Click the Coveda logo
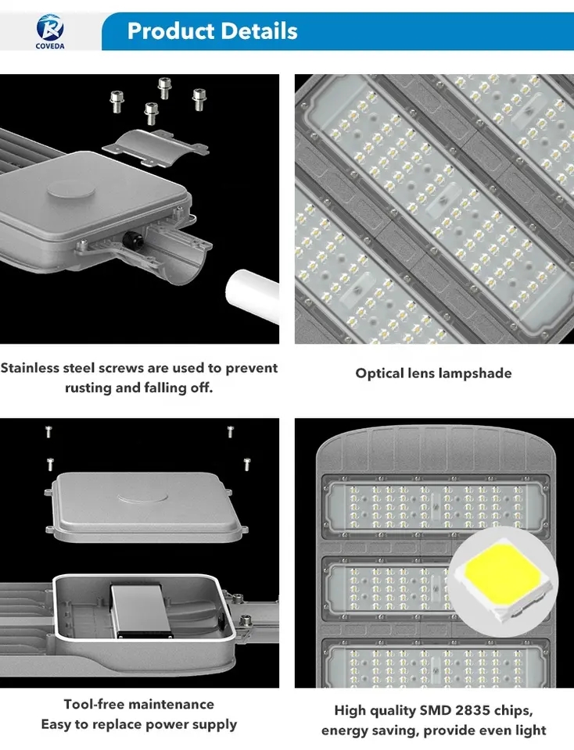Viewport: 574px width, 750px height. (50, 30)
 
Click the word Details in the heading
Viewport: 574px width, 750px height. (257, 31)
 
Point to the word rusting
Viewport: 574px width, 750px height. (89, 388)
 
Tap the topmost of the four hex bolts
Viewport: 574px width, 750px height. (164, 87)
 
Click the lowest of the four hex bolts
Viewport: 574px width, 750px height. (151, 112)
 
